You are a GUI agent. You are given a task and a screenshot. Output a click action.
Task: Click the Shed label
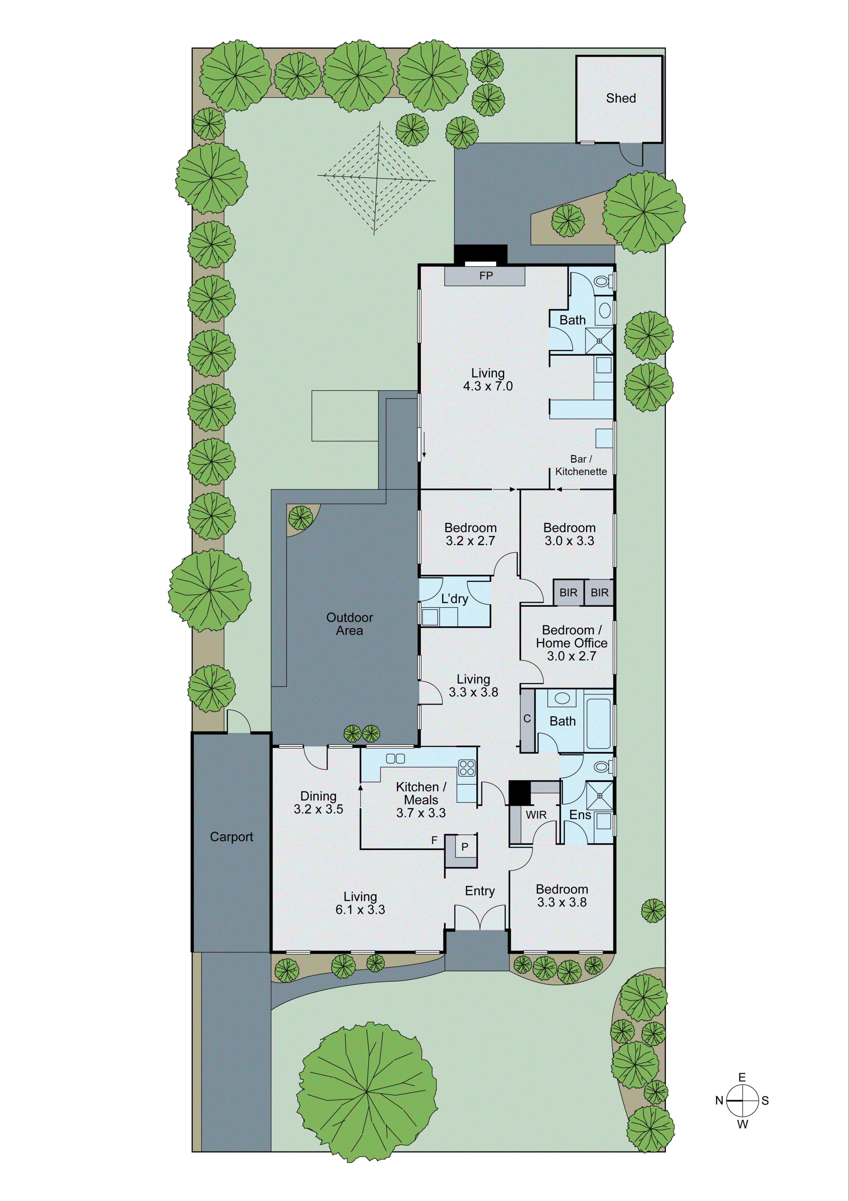coord(621,98)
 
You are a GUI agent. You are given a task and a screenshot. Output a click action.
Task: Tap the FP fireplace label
coord(486,276)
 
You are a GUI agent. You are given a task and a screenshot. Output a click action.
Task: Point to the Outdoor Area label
coord(349,624)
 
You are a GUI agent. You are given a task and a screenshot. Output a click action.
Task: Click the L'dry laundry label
coord(454,599)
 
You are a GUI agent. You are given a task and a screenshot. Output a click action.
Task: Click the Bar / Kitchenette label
coord(581,465)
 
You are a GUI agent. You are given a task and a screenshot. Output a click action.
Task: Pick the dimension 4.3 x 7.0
coord(488,386)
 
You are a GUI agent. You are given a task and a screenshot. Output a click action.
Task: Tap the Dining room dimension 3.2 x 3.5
coord(318,809)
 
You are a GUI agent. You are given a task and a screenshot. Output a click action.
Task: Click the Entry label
coord(479,891)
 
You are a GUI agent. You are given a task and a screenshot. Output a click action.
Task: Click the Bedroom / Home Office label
coord(571,636)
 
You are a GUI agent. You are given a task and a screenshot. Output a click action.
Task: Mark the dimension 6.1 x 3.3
coord(360,910)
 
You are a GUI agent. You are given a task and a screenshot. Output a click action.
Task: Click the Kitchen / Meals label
coord(421,794)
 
